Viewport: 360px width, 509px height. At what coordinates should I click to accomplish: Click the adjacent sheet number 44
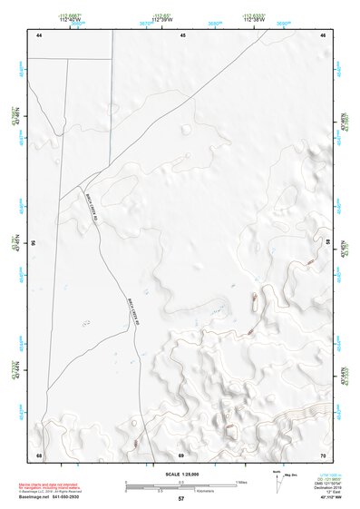pyautogui.click(x=39, y=35)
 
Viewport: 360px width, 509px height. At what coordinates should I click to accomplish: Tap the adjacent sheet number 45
pyautogui.click(x=182, y=35)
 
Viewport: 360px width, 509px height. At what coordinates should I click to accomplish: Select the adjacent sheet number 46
pyautogui.click(x=323, y=35)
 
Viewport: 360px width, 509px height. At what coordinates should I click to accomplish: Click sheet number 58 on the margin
pyautogui.click(x=327, y=244)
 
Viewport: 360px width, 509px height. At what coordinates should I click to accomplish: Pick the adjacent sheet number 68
pyautogui.click(x=39, y=454)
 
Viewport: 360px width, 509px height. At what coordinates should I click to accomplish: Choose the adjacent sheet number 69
pyautogui.click(x=181, y=454)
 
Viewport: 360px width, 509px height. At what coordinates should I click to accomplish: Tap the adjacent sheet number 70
pyautogui.click(x=323, y=454)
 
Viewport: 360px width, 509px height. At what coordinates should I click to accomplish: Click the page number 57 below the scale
pyautogui.click(x=181, y=498)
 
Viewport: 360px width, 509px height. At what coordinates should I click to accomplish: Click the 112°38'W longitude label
pyautogui.click(x=258, y=21)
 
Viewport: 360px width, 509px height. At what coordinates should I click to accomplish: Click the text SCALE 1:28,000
pyautogui.click(x=180, y=473)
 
